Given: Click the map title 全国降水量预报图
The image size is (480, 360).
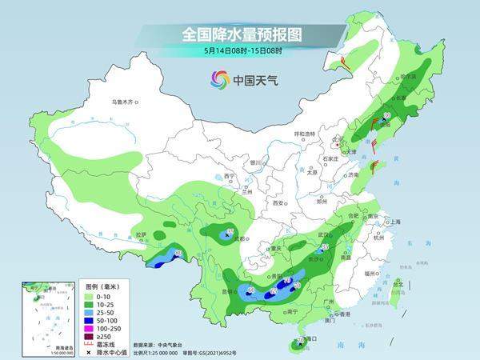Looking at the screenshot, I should pyautogui.click(x=239, y=34).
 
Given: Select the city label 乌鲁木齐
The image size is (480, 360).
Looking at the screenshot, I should pyautogui.click(x=124, y=102).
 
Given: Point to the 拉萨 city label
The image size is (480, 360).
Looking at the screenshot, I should pyautogui.click(x=141, y=234).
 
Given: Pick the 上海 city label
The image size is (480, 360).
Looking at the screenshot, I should pyautogui.click(x=393, y=222).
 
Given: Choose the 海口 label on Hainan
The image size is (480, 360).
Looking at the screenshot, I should pyautogui.click(x=313, y=339).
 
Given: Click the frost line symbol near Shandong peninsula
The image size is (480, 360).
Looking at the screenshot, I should pyautogui.click(x=373, y=166).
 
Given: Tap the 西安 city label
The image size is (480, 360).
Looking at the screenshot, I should pyautogui.click(x=279, y=203).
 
